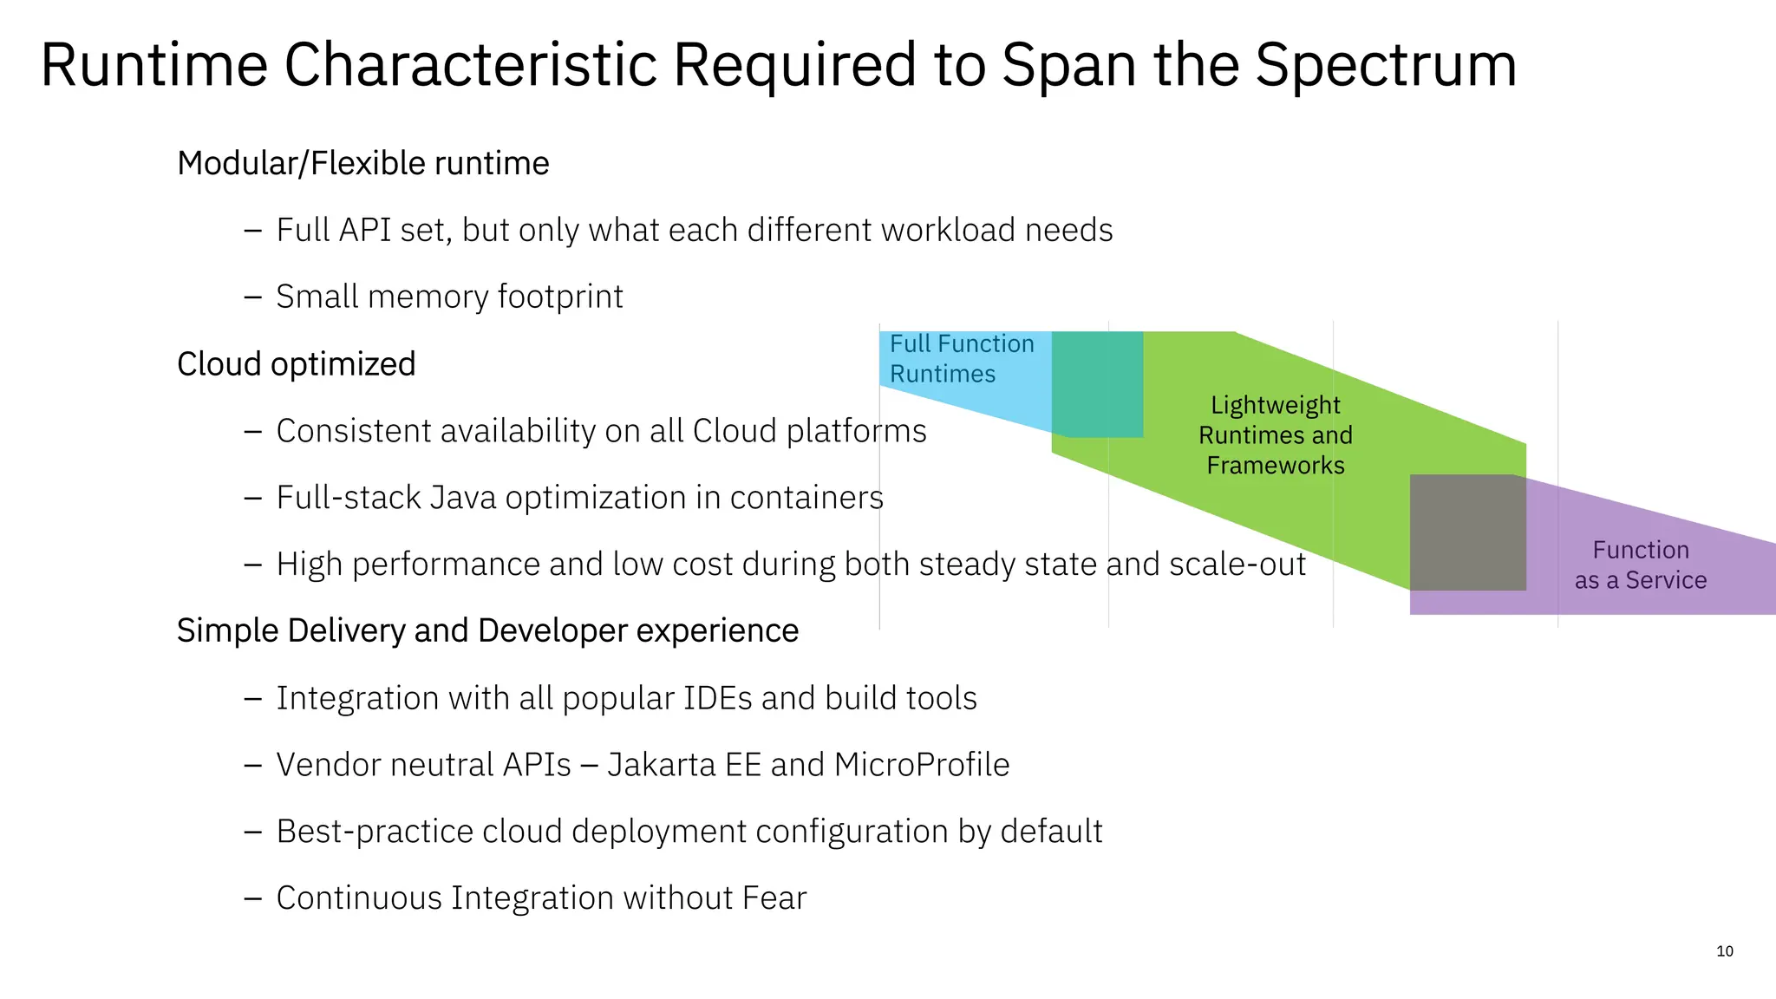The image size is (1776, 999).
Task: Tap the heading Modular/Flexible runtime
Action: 362,163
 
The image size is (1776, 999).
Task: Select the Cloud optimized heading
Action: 296,364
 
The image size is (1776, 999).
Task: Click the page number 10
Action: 1724,951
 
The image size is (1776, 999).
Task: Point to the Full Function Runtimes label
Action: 961,359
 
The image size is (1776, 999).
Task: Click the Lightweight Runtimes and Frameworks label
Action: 1275,435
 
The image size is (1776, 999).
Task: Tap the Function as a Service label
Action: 1640,565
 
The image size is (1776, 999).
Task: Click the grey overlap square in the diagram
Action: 1467,532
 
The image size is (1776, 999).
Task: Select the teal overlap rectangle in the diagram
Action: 1097,383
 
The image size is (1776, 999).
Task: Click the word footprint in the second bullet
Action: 560,297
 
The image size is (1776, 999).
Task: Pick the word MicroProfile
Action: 921,765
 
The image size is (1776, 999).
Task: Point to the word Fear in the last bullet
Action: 774,898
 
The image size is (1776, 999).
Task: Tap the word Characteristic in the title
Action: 470,66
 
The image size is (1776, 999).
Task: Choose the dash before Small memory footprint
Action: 252,297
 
